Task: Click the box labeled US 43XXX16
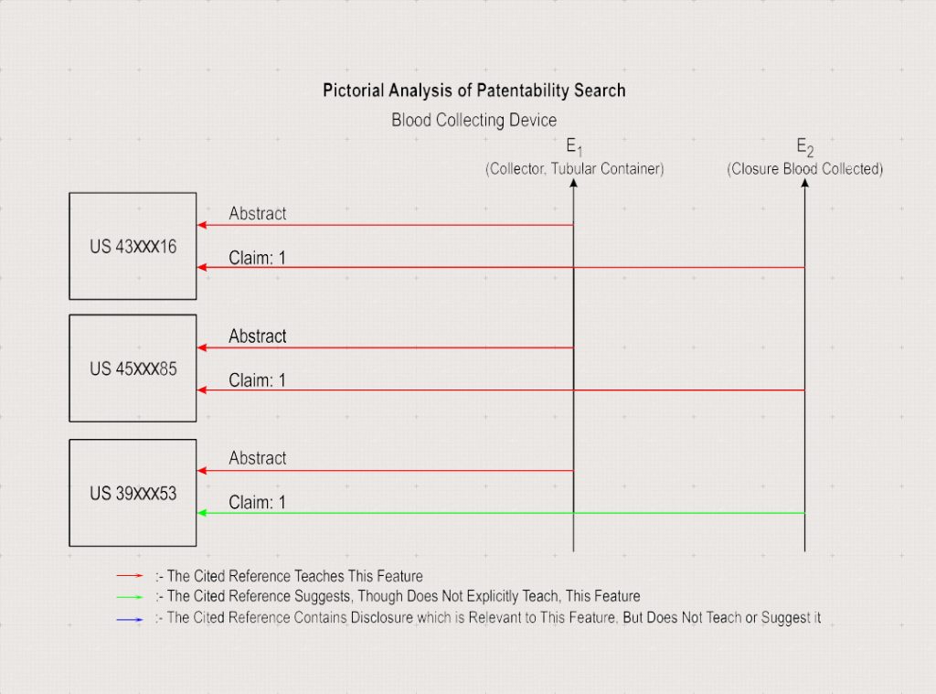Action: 133,246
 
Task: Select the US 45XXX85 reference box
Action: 133,368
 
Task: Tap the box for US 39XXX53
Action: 133,493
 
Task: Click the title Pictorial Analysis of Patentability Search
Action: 474,91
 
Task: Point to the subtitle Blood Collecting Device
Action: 474,120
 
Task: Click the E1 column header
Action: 574,147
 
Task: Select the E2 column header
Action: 804,147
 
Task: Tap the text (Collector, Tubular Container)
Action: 574,169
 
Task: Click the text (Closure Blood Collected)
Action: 804,169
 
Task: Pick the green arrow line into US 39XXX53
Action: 501,513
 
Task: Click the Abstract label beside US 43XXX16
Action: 257,213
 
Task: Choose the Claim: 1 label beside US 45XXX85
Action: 257,379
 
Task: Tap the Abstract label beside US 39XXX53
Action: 257,458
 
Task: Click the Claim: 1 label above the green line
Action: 257,502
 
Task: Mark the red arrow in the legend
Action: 130,576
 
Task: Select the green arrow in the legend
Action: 130,597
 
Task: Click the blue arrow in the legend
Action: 130,619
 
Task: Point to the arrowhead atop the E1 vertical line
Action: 574,183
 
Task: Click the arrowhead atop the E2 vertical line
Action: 804,183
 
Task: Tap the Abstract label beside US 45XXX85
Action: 257,336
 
